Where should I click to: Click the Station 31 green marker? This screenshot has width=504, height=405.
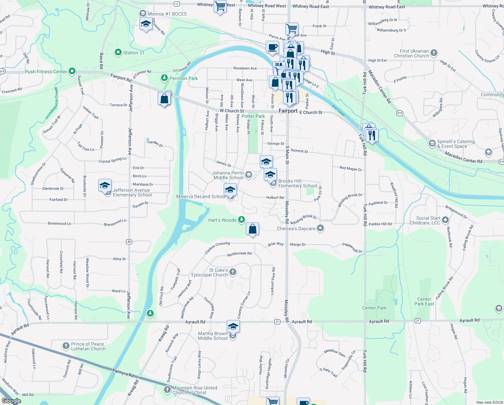tap(118, 52)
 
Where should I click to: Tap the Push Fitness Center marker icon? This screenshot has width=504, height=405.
tap(72, 71)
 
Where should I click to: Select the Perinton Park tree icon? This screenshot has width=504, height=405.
tap(164, 78)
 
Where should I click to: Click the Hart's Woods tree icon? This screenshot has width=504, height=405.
tap(241, 220)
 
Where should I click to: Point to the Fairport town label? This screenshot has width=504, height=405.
tap(288, 111)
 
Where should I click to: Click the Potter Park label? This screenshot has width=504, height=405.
tap(253, 116)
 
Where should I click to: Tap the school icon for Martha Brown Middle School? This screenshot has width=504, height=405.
tap(233, 327)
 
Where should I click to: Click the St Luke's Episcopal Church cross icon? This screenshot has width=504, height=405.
tap(232, 272)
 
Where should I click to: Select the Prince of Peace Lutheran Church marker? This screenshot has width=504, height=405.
tap(66, 346)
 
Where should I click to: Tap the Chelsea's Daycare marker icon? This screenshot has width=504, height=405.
tap(320, 228)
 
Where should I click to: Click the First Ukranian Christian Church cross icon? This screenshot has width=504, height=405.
tap(434, 53)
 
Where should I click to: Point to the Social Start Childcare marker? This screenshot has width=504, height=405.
tap(445, 220)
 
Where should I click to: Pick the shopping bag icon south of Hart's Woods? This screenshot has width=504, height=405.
tap(252, 229)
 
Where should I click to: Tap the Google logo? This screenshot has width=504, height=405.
tap(11, 401)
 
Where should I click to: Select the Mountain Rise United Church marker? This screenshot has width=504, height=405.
tap(167, 390)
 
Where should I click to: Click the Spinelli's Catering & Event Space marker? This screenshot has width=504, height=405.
tap(432, 144)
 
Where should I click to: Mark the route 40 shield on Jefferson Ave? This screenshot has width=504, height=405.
tap(129, 242)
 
